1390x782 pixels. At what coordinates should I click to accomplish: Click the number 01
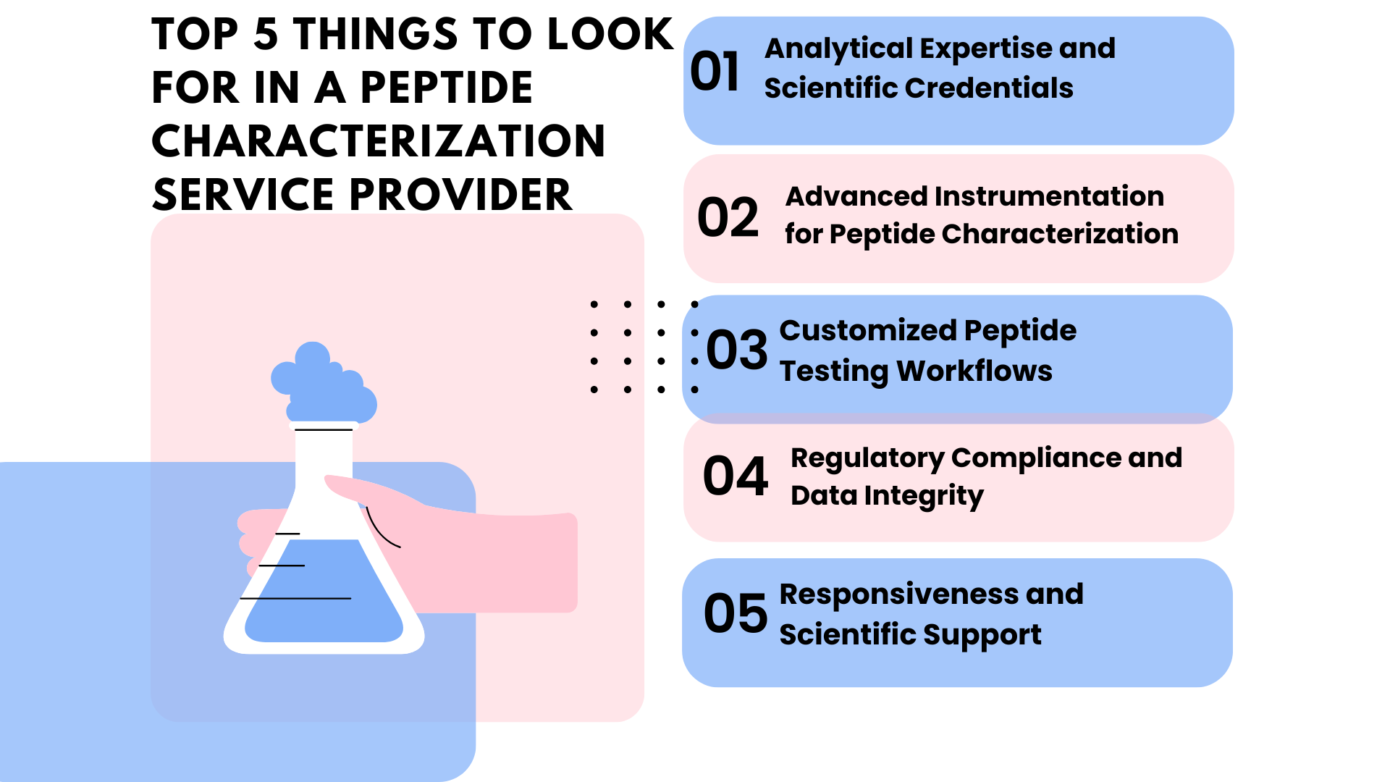tap(715, 72)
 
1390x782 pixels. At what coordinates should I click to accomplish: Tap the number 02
tap(728, 217)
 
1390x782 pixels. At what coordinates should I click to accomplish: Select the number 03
tap(736, 350)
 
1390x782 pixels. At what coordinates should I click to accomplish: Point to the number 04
tap(735, 476)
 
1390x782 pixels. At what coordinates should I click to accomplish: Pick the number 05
tap(735, 613)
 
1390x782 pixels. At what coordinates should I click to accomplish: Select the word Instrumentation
tap(1049, 196)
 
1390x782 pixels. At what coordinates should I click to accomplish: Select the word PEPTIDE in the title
tap(446, 88)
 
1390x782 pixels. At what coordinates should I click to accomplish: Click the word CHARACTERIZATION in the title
tap(378, 141)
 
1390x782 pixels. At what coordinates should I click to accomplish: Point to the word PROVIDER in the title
tap(461, 195)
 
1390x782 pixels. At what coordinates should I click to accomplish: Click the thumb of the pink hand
tap(362, 489)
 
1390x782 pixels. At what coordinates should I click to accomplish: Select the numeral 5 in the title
tap(266, 35)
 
